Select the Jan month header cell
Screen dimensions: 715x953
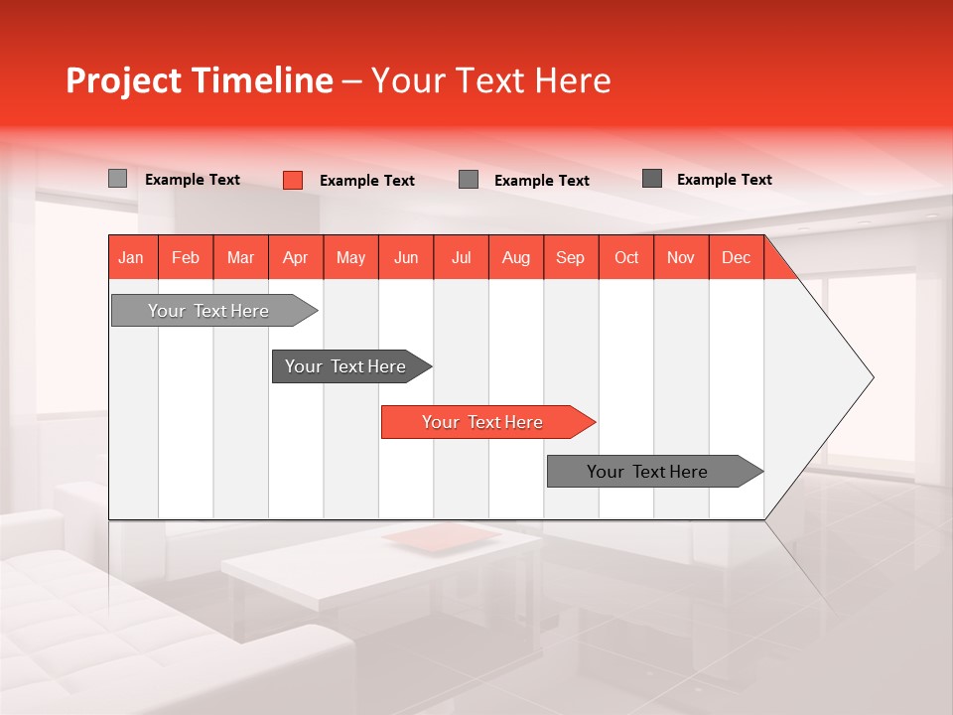coord(131,257)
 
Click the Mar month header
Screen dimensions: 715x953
coord(240,257)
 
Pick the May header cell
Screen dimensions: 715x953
coord(350,257)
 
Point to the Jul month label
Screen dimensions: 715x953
coord(461,257)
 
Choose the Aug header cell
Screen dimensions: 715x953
coord(515,257)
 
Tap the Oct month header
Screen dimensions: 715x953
coord(625,257)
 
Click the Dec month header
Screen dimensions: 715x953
coord(736,257)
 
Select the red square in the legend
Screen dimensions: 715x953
coord(292,180)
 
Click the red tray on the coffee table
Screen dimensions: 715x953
coord(442,537)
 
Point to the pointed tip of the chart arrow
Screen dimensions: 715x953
coord(871,377)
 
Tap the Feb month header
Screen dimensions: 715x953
coord(186,257)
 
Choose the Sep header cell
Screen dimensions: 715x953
coord(570,257)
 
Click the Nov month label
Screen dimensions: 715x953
coord(680,257)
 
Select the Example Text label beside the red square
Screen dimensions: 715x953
coord(366,181)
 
